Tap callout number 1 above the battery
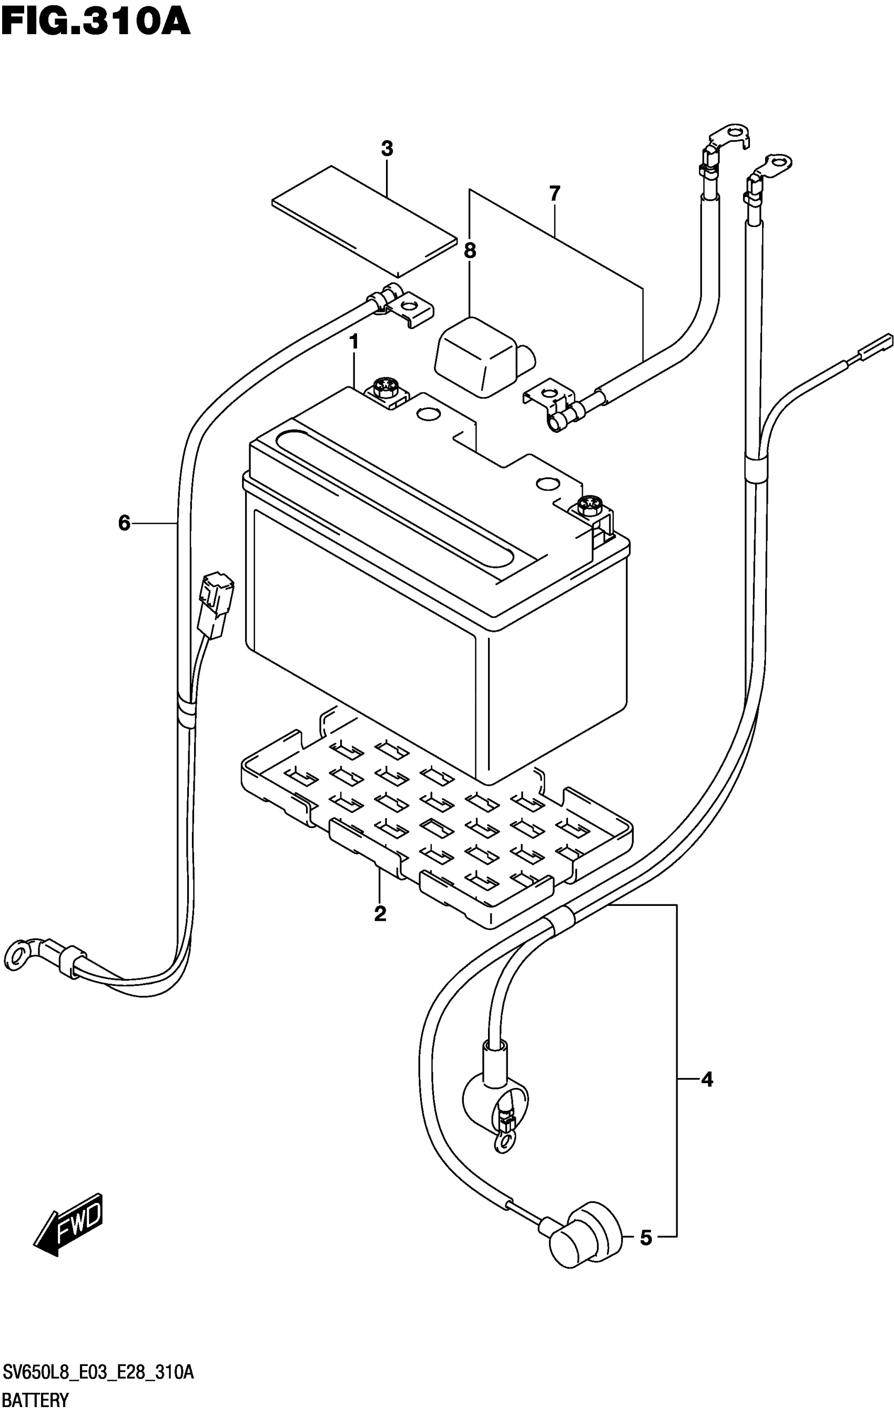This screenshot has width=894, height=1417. point(354,341)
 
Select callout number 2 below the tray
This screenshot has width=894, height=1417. point(380,914)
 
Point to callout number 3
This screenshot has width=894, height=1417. point(387,149)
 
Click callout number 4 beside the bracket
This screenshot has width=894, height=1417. point(707,1080)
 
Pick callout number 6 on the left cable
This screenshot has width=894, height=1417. point(124,523)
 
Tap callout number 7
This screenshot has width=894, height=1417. point(554,193)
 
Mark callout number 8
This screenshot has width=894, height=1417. point(470,251)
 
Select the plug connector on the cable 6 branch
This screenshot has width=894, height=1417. point(216,602)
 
